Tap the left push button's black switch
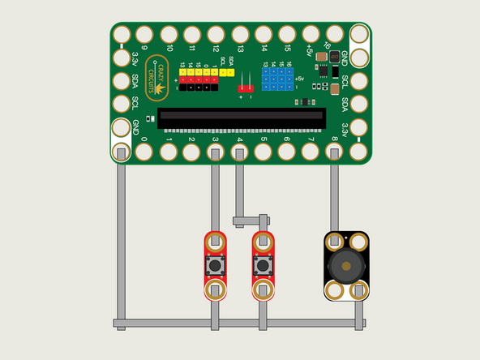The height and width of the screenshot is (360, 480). point(216,266)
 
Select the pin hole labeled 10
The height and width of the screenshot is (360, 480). point(169,34)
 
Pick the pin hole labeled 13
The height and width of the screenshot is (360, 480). point(240,34)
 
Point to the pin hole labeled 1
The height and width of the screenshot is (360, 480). point(169,151)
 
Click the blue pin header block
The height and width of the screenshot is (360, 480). point(276,79)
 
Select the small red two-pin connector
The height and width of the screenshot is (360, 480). point(245,86)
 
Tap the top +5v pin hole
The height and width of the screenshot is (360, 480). point(311,34)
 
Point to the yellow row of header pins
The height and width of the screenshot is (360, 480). point(199,72)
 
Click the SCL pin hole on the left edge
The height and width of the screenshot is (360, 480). point(122,104)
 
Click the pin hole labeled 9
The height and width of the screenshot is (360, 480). point(144,34)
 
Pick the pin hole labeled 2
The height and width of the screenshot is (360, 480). point(192,151)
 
